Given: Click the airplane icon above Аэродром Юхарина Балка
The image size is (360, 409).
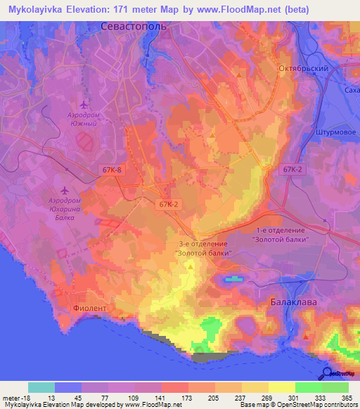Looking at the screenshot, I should (x=65, y=190).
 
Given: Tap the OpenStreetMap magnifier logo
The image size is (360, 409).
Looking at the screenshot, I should (x=328, y=372).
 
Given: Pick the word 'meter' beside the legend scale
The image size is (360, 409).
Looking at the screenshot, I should (x=11, y=397).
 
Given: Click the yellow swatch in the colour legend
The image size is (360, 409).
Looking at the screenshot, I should (x=281, y=387).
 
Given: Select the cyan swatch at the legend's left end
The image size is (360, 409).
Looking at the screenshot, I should (x=41, y=387).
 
